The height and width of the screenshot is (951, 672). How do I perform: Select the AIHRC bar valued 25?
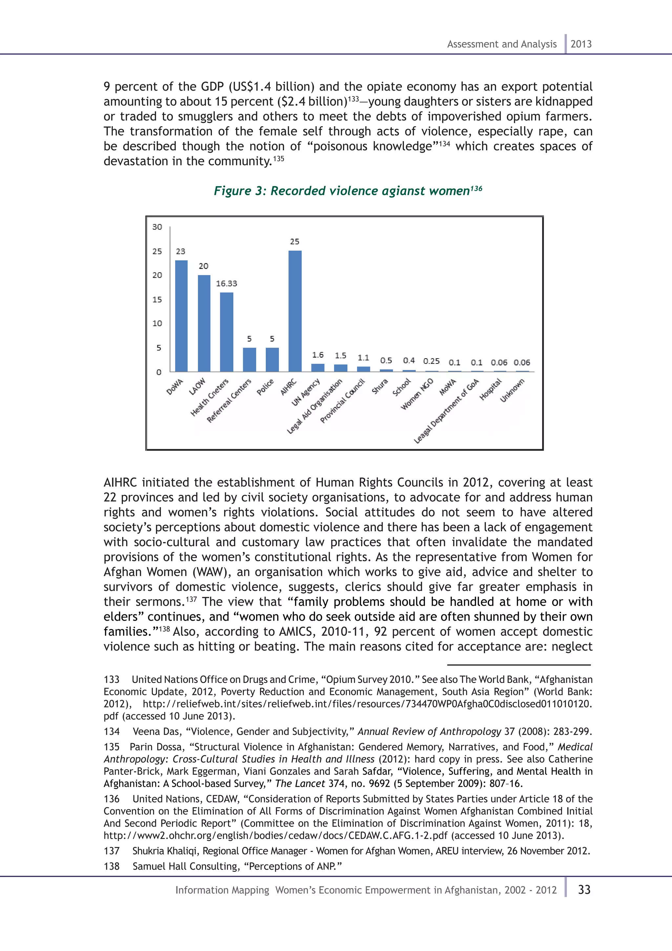[295, 311]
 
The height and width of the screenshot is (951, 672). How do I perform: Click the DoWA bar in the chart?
[181, 316]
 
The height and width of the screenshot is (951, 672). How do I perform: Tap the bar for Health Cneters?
[226, 332]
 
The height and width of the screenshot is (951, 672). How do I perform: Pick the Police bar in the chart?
[272, 359]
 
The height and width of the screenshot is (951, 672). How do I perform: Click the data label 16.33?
[226, 283]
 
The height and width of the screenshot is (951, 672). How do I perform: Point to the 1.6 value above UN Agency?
[317, 355]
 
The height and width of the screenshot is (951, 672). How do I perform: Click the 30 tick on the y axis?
[157, 227]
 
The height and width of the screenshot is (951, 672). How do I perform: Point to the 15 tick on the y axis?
[157, 299]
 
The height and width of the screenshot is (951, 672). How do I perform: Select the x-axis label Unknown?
[512, 390]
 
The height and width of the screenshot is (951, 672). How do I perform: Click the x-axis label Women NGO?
[417, 394]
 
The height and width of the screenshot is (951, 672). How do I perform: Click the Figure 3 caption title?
[347, 191]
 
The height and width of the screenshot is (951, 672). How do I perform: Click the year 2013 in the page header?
[581, 44]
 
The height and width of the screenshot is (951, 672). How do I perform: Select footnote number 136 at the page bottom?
[111, 799]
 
